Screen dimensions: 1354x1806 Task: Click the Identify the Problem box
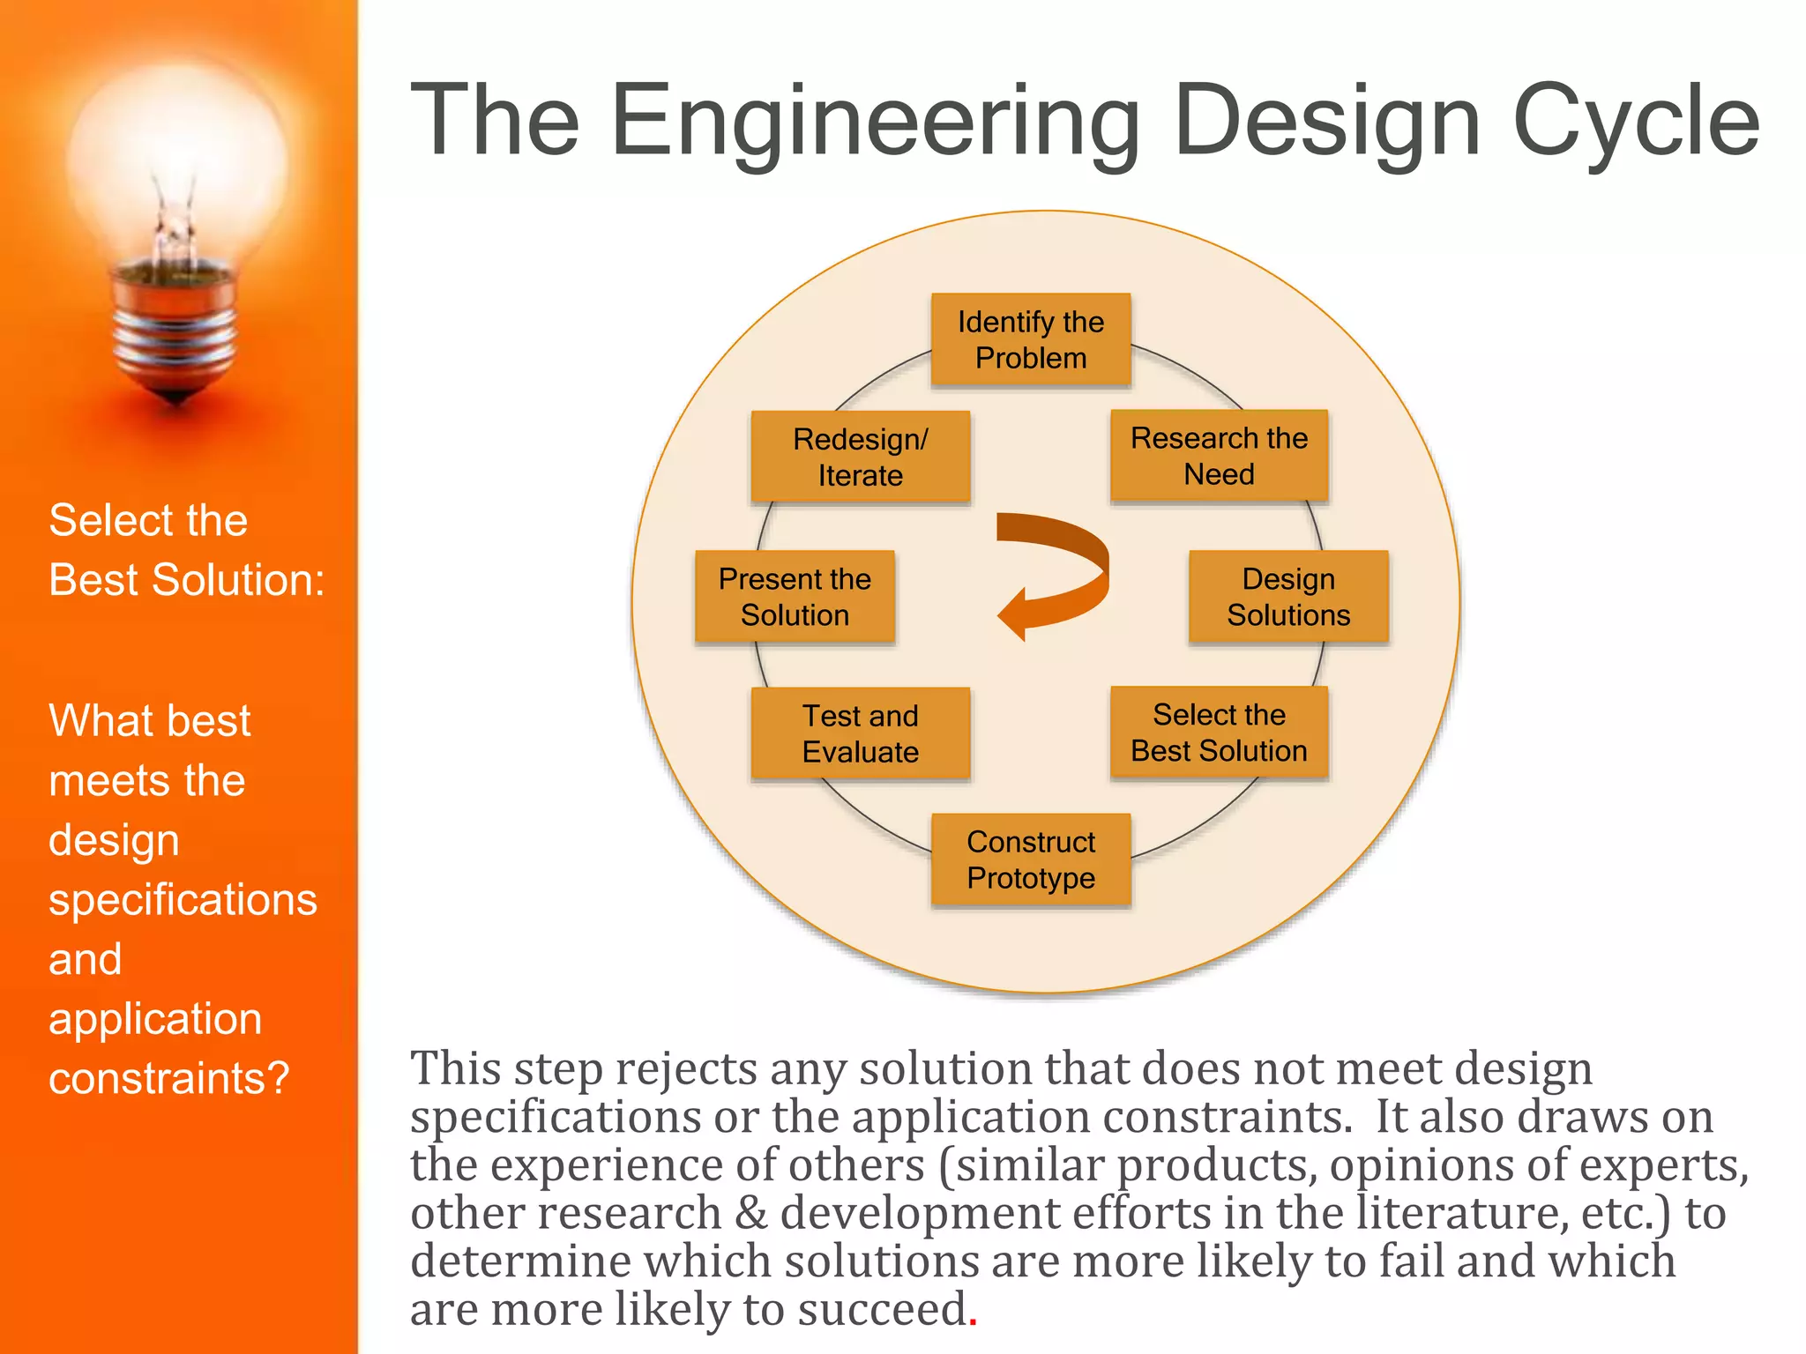(1030, 340)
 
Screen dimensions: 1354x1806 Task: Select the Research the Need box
(1219, 456)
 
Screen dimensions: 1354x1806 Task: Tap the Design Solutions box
(1287, 597)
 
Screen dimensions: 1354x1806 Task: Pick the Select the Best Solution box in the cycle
(1219, 733)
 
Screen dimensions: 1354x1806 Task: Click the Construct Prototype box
(1030, 859)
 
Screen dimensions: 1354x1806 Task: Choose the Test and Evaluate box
(860, 733)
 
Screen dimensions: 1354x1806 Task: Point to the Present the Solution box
(795, 597)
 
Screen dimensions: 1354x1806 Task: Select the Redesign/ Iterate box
(860, 457)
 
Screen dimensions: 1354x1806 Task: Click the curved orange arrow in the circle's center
(1058, 573)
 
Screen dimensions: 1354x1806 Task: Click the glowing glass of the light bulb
(176, 159)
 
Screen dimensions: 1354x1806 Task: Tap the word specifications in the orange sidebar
(183, 900)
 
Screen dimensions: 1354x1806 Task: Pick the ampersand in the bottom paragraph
(750, 1213)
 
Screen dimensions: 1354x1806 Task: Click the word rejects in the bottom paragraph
(685, 1069)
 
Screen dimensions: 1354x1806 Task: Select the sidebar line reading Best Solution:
(187, 580)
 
